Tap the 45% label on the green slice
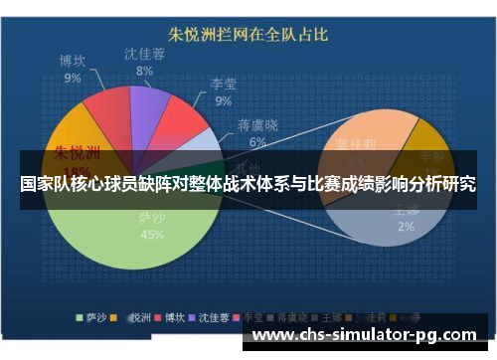[x=152, y=236]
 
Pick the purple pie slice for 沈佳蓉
[x=149, y=105]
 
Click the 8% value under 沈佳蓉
[x=144, y=72]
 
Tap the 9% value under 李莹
[x=224, y=100]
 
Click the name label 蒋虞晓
[x=257, y=126]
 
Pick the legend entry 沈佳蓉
[x=213, y=318]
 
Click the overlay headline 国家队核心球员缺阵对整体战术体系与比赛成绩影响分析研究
[x=248, y=185]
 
